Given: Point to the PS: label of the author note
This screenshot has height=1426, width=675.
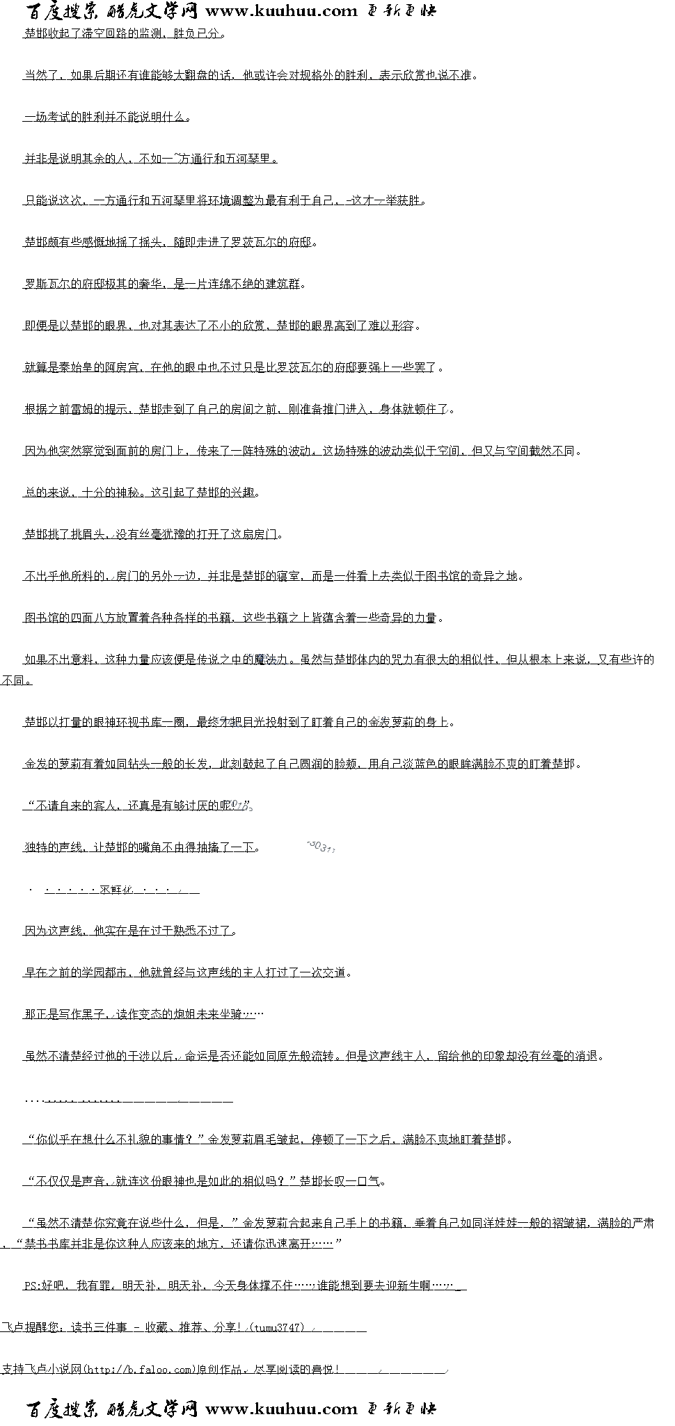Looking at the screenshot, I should (x=33, y=1285).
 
